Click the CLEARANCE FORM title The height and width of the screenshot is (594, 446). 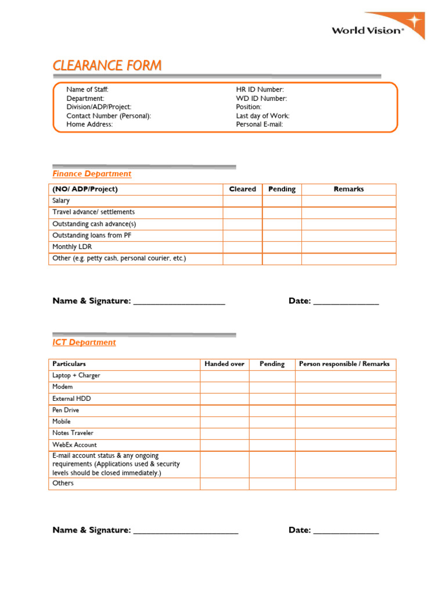click(107, 66)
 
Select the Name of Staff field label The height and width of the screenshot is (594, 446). click(87, 89)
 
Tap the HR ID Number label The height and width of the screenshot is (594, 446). click(260, 89)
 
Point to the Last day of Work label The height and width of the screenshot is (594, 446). click(262, 115)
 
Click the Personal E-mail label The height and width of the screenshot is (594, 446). click(260, 124)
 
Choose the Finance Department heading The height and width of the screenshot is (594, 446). click(92, 173)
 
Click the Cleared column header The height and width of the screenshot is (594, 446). click(242, 189)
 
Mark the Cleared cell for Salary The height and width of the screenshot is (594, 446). click(242, 201)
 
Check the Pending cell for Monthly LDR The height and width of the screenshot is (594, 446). click(282, 247)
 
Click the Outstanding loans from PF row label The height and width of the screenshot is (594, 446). click(92, 236)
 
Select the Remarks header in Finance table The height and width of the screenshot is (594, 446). click(348, 189)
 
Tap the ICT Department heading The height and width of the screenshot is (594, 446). click(84, 342)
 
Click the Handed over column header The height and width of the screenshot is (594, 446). click(224, 364)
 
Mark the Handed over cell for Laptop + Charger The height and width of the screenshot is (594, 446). click(224, 375)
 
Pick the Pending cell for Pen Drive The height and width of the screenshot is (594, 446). click(272, 410)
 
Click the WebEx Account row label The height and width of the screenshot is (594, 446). click(74, 444)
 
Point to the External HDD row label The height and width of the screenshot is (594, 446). click(71, 399)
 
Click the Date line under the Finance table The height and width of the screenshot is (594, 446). click(346, 302)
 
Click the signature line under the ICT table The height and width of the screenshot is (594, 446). click(186, 531)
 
